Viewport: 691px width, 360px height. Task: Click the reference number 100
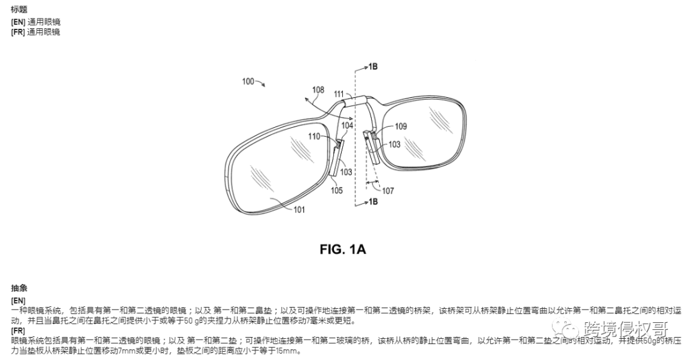tap(247, 81)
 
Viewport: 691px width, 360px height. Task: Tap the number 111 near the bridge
tap(338, 94)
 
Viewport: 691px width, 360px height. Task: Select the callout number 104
tap(346, 126)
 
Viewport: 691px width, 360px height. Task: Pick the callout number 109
tap(401, 127)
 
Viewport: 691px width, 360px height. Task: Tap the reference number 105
tap(337, 190)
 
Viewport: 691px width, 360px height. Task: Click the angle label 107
tap(388, 191)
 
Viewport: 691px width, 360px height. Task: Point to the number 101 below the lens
tap(299, 209)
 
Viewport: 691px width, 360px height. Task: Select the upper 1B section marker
tap(373, 67)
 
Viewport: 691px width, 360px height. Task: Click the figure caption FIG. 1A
tap(342, 249)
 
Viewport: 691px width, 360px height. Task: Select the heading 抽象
tap(19, 289)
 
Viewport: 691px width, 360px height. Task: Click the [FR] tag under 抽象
tap(19, 331)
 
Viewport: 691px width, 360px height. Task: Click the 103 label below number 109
tap(395, 145)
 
